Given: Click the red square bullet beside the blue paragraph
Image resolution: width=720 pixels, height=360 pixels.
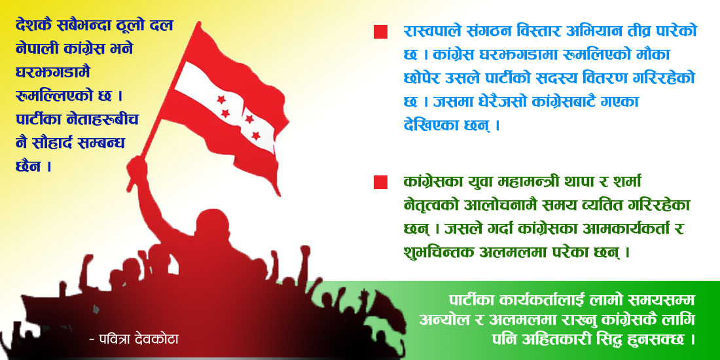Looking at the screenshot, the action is (380, 31).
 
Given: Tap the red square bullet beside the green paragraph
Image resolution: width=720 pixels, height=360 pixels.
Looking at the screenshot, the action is (380, 183).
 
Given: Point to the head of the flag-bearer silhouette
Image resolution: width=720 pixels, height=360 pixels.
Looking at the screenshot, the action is (212, 226).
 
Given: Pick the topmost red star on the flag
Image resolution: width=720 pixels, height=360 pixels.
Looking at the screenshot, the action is (221, 99).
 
